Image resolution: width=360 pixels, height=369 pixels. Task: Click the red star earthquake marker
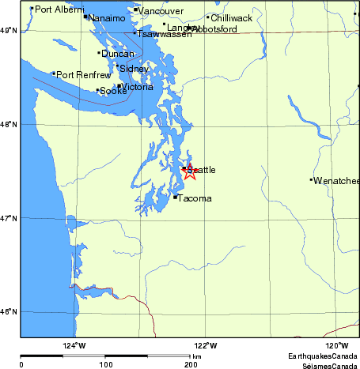click(x=190, y=171)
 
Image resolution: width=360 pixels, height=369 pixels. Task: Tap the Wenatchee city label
click(x=336, y=181)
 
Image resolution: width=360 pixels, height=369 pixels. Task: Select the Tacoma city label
click(x=195, y=198)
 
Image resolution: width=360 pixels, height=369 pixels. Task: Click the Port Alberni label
click(x=59, y=9)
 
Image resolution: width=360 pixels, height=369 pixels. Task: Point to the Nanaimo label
click(x=106, y=17)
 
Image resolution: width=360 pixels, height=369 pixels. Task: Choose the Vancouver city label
click(x=161, y=11)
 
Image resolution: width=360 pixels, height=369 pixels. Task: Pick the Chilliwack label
click(x=231, y=17)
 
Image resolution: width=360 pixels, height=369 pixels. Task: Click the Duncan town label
click(x=117, y=54)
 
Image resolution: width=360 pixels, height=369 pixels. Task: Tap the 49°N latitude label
click(x=9, y=30)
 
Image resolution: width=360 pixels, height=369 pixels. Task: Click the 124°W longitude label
click(x=74, y=345)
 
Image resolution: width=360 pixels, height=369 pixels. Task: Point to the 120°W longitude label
click(x=337, y=345)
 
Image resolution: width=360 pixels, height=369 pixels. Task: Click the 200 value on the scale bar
click(x=191, y=365)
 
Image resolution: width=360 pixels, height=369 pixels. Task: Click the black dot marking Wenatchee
click(x=311, y=180)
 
